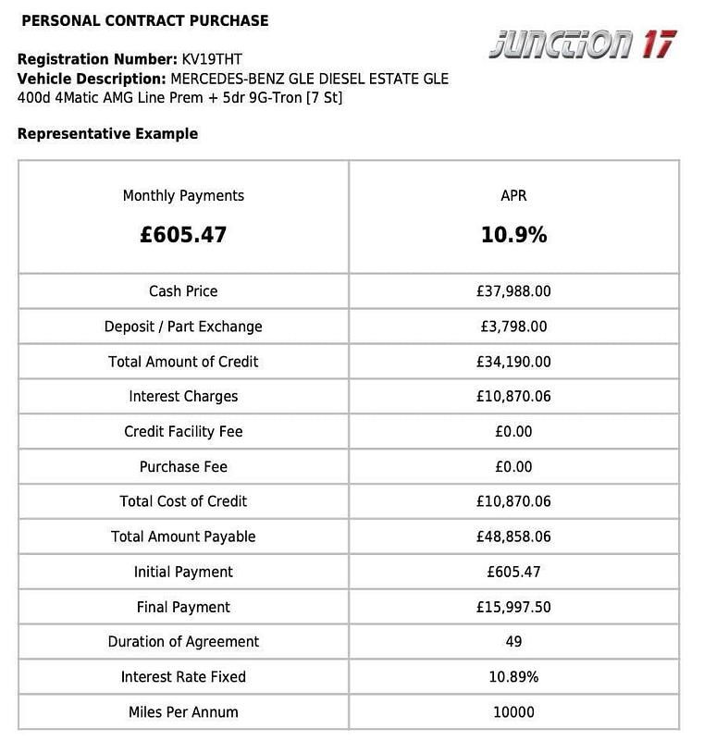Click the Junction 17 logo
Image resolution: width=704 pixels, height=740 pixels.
coord(582,43)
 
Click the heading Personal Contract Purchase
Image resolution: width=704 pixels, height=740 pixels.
coord(144,20)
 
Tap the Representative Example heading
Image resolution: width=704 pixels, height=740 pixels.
coord(107,134)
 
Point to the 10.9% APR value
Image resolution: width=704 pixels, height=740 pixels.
coord(513,235)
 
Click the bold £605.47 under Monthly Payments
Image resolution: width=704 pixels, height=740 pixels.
coord(183,235)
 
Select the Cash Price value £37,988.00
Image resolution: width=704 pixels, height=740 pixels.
coord(513,291)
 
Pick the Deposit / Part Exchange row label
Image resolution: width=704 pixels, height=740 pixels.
coord(183,327)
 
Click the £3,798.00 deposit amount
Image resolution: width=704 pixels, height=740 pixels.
coord(513,327)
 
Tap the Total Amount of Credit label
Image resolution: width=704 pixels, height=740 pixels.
coord(183,362)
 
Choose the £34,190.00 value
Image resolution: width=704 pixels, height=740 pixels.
coord(513,362)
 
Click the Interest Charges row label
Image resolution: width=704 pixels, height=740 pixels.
coord(183,397)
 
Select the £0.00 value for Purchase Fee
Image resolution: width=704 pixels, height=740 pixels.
coord(513,467)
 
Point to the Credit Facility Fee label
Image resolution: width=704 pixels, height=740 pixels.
coord(183,432)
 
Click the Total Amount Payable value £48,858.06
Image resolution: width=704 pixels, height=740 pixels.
coord(513,536)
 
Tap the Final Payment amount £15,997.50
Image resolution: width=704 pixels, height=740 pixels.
coord(513,607)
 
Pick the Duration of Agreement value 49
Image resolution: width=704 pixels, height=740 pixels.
coord(513,642)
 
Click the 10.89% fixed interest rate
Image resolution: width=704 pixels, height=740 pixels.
coord(513,677)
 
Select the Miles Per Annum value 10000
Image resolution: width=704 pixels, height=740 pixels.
coord(513,712)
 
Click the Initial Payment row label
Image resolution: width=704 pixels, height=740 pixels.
coord(183,572)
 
